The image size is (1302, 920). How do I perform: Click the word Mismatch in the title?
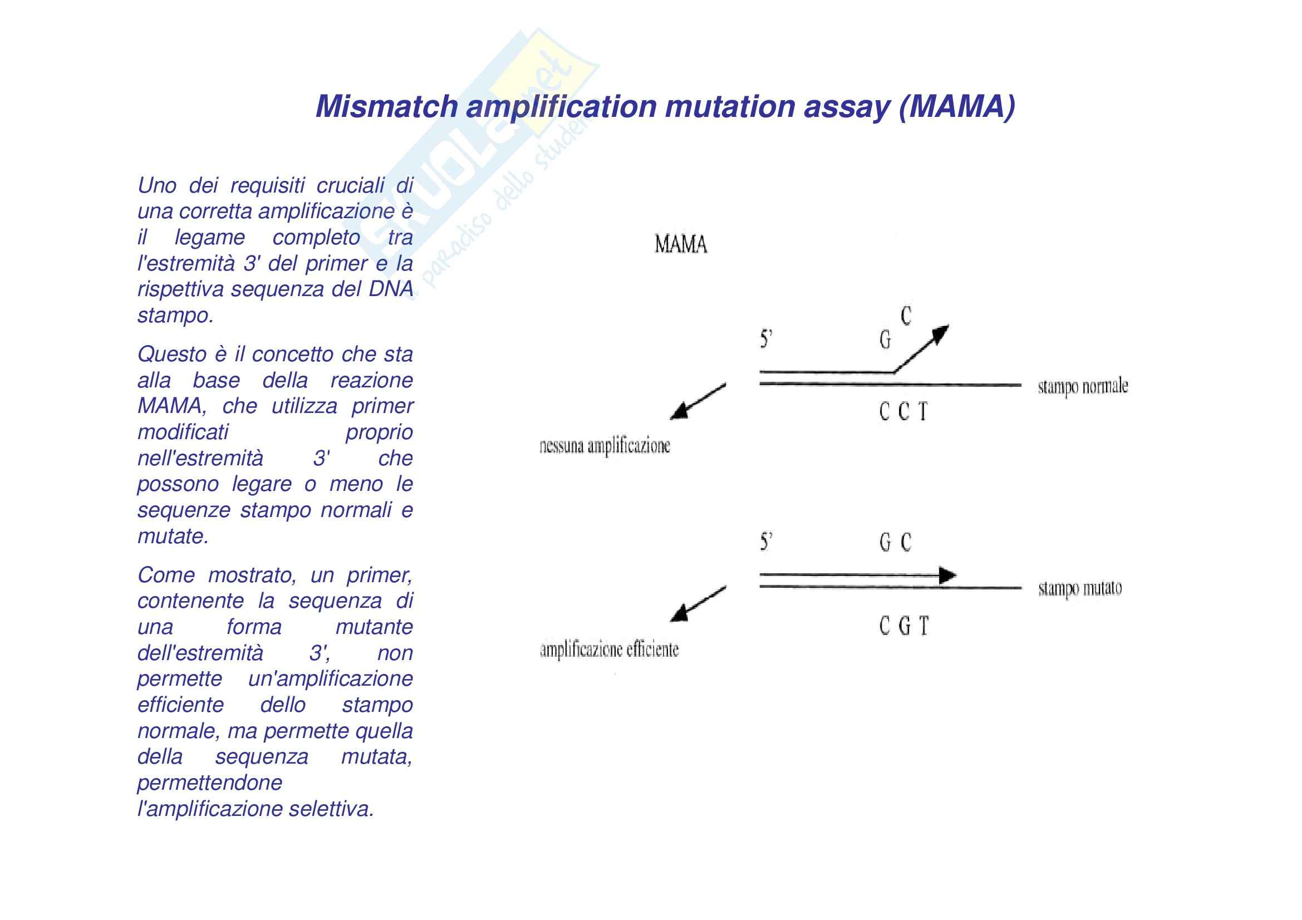(386, 106)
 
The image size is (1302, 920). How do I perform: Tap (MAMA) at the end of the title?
(957, 106)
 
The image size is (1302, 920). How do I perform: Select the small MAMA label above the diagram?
(680, 245)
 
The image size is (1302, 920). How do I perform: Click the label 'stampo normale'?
(1083, 387)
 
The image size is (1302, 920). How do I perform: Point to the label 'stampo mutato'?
(1080, 588)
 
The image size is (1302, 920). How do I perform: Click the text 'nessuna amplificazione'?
(605, 446)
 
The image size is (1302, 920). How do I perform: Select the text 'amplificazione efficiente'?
(609, 650)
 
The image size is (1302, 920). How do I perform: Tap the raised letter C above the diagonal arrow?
(906, 316)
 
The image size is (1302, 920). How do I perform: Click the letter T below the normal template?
(922, 411)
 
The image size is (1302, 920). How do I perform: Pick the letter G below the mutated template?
(905, 626)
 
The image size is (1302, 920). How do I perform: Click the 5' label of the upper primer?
(766, 340)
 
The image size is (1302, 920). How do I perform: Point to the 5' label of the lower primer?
(766, 543)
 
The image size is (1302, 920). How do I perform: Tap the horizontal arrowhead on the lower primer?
(946, 575)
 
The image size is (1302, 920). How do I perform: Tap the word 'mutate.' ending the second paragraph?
(173, 536)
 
